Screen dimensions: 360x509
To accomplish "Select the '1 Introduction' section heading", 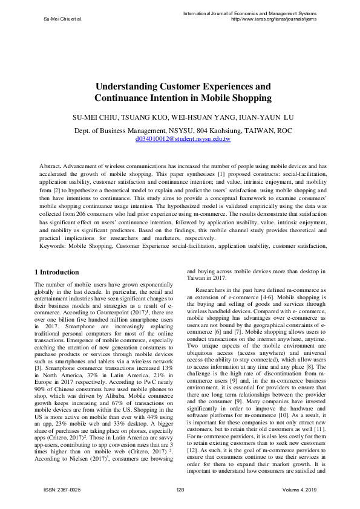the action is pos(57,273).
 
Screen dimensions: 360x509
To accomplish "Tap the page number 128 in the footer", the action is pos(180,489).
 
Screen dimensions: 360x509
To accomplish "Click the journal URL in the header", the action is pos(274,18).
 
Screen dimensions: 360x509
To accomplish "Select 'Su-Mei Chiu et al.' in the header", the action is pos(63,19).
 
